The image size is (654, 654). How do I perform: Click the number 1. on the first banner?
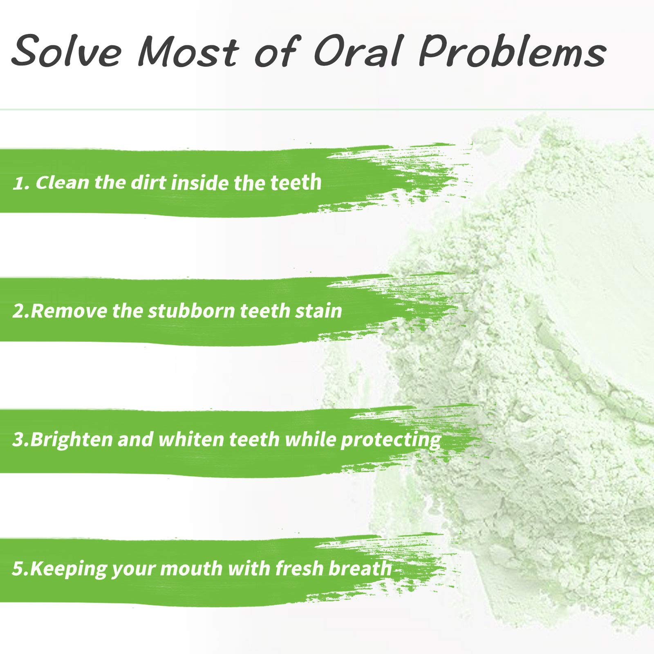click(x=22, y=184)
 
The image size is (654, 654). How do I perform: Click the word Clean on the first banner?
click(x=62, y=182)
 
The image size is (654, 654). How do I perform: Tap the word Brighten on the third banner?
click(x=71, y=440)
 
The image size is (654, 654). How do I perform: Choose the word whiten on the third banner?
click(x=192, y=439)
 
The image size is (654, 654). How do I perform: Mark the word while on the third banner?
click(x=310, y=439)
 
